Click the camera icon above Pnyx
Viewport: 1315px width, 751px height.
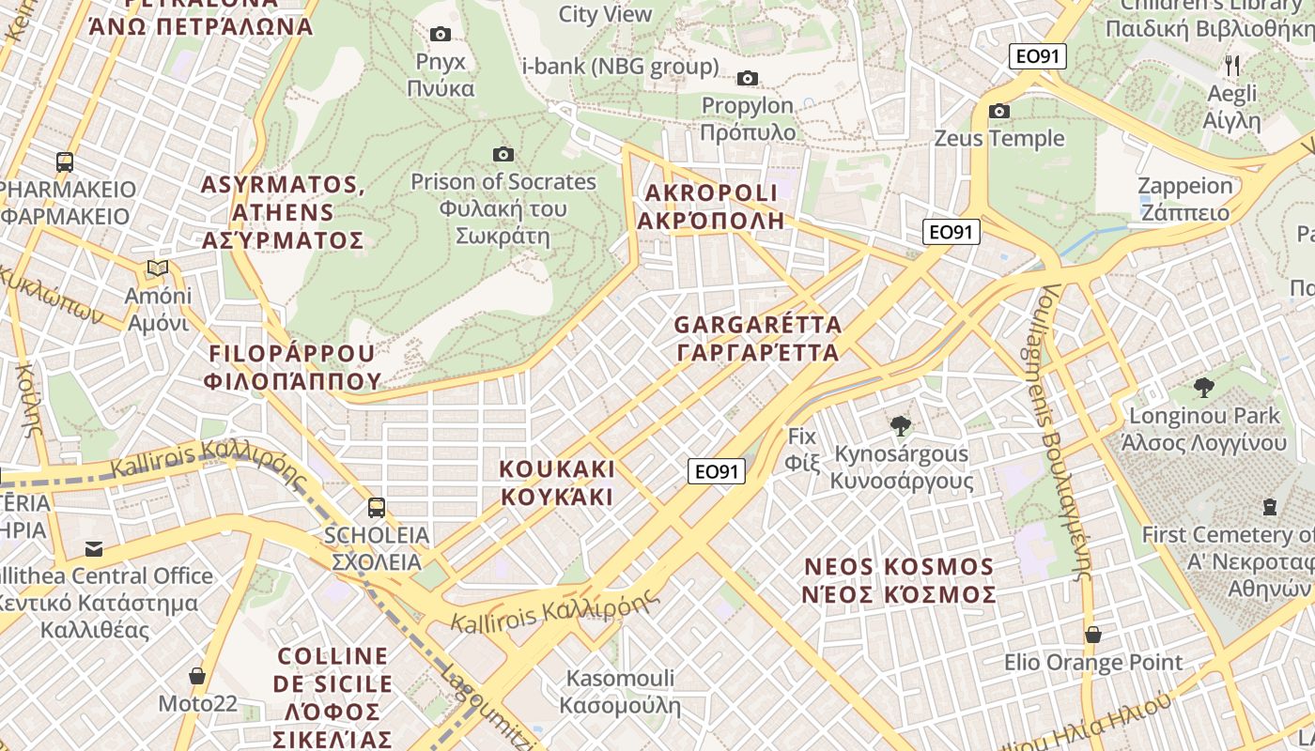pyautogui.click(x=440, y=35)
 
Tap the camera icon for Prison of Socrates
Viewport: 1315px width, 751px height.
pyautogui.click(x=503, y=154)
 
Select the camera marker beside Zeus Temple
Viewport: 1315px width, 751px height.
pyautogui.click(x=999, y=112)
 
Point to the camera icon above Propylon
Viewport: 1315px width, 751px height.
pyautogui.click(x=748, y=78)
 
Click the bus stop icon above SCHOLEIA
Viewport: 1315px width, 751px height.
pyautogui.click(x=377, y=508)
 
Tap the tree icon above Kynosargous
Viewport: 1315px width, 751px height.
pyautogui.click(x=901, y=426)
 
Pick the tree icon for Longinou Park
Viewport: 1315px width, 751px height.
pyautogui.click(x=1203, y=388)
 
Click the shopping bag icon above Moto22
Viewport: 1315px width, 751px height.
pyautogui.click(x=197, y=676)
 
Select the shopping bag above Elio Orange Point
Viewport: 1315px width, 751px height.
pyautogui.click(x=1093, y=635)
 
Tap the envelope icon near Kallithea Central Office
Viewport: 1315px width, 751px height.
pyautogui.click(x=94, y=548)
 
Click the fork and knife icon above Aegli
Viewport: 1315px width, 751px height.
pyautogui.click(x=1232, y=66)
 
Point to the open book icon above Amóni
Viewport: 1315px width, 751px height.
pyautogui.click(x=158, y=269)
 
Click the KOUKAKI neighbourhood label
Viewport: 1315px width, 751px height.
pyautogui.click(x=557, y=483)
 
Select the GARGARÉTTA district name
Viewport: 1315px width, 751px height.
pyautogui.click(x=757, y=339)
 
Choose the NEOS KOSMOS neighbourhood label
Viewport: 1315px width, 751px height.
pyautogui.click(x=899, y=581)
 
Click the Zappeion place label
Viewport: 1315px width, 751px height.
pyautogui.click(x=1184, y=199)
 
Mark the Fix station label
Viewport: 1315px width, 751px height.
pyautogui.click(x=803, y=449)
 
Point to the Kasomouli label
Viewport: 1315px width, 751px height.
pyautogui.click(x=620, y=691)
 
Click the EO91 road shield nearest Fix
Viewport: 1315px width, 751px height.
pyautogui.click(x=717, y=471)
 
